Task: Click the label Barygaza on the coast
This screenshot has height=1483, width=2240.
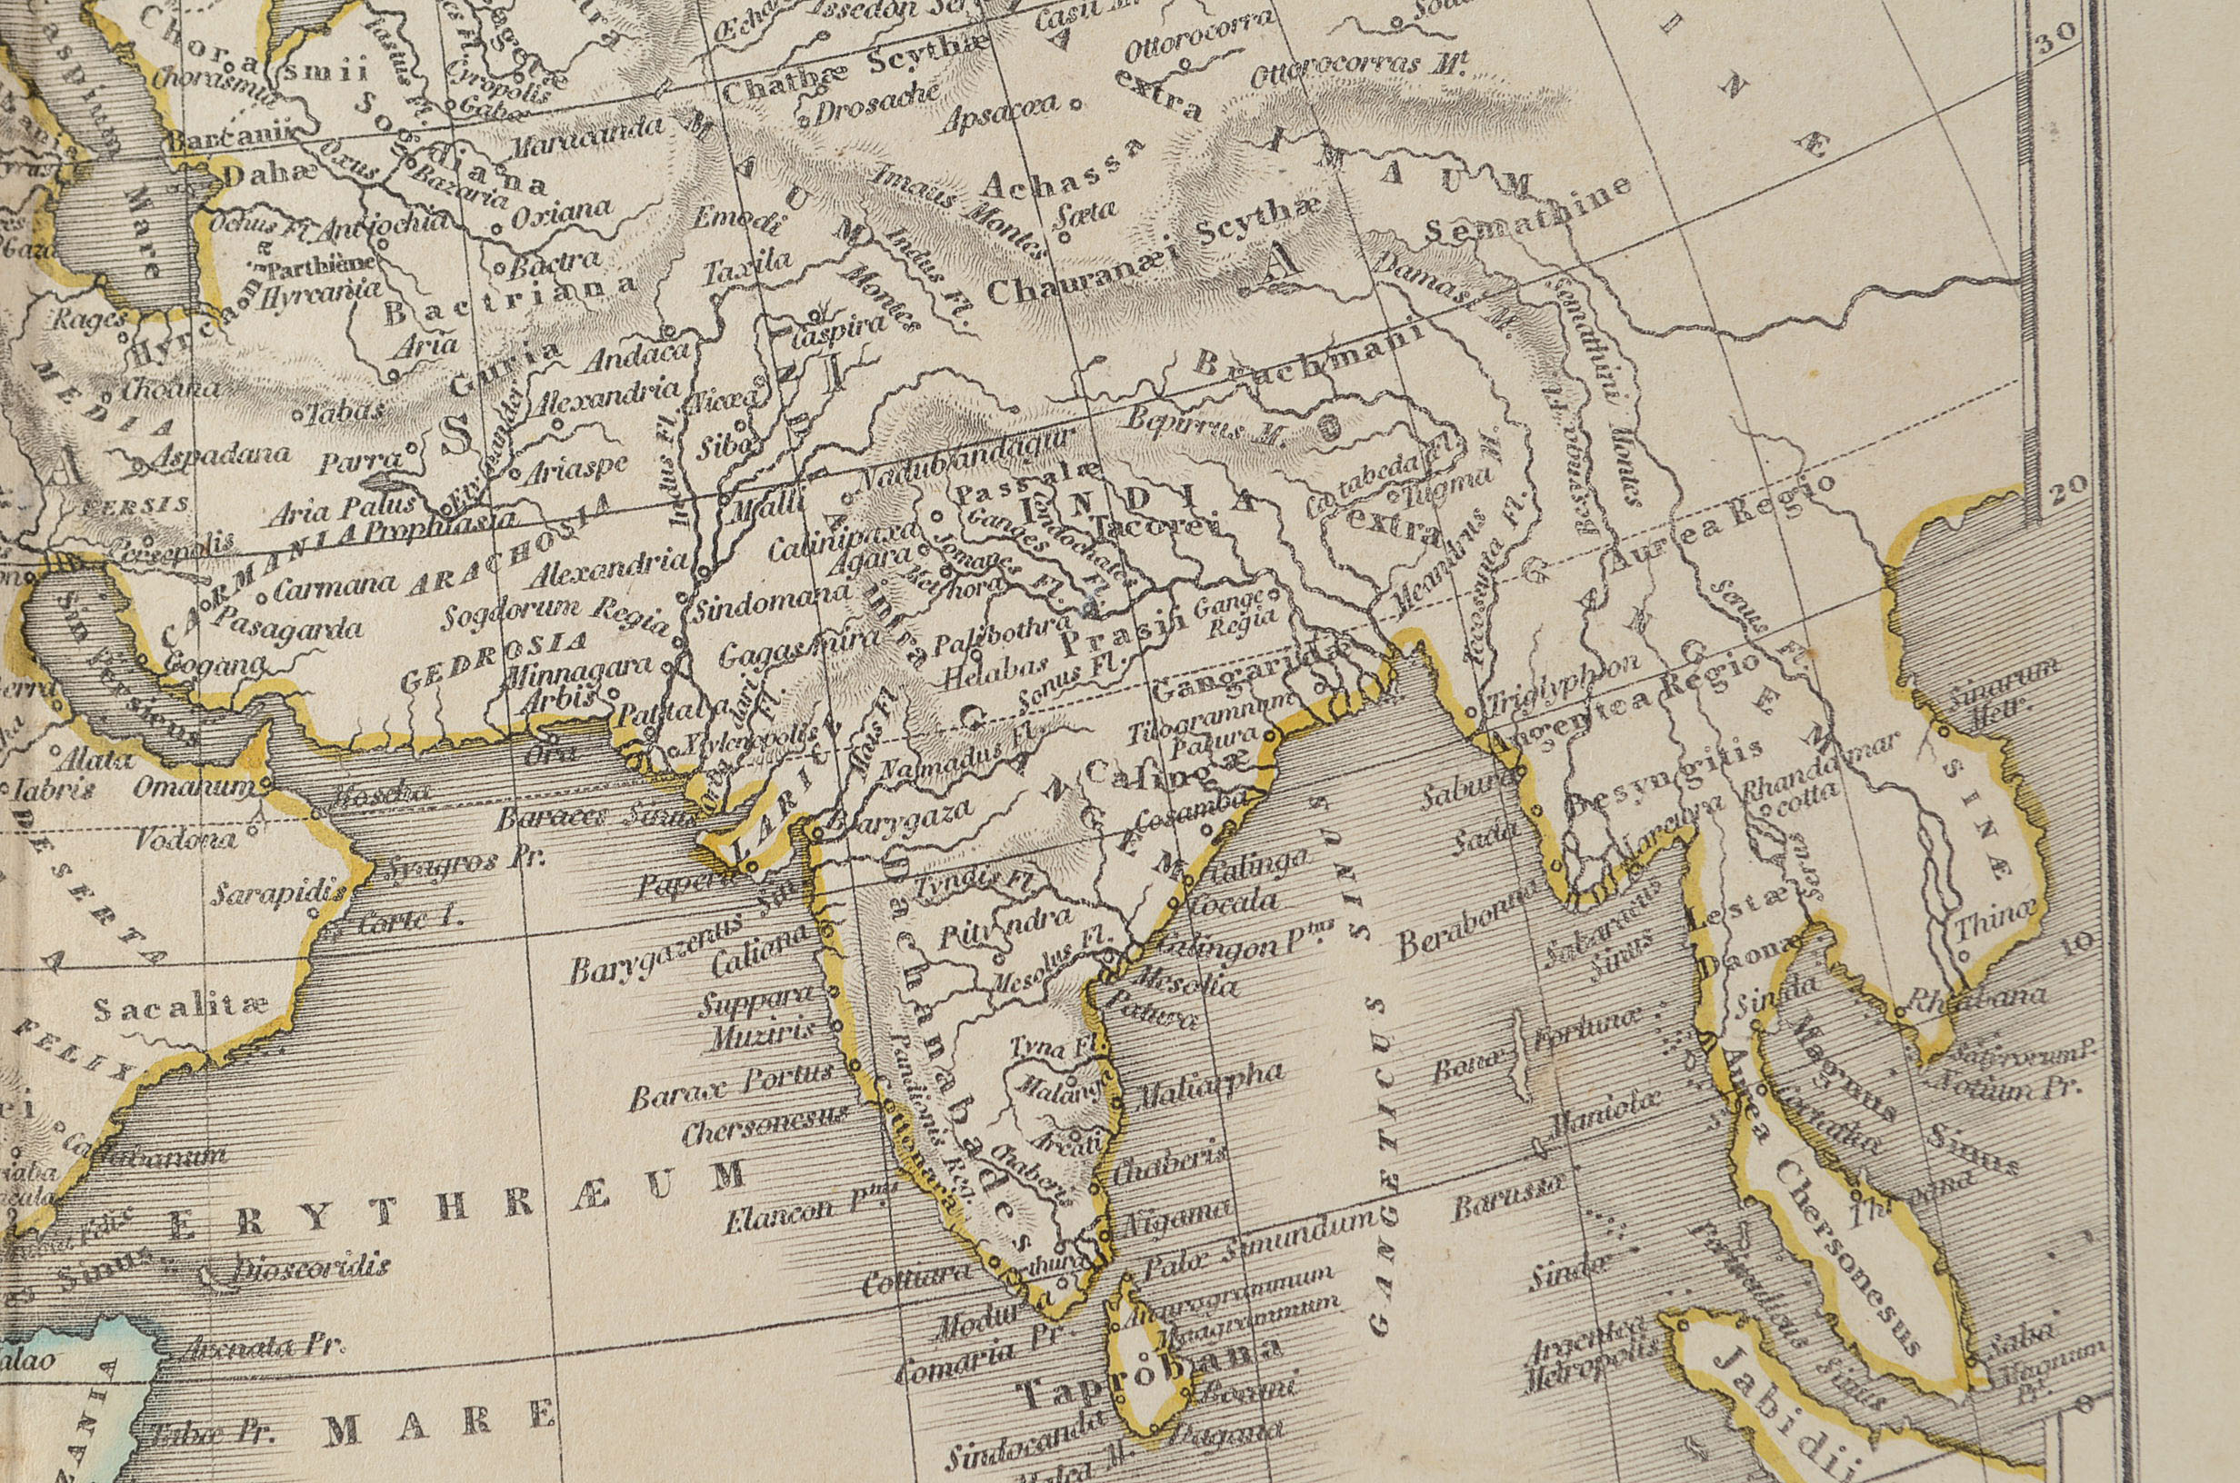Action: pyautogui.click(x=899, y=819)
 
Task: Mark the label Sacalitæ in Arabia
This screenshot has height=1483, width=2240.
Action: pyautogui.click(x=181, y=1006)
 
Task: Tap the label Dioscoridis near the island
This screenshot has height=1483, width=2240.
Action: pyautogui.click(x=311, y=1268)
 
